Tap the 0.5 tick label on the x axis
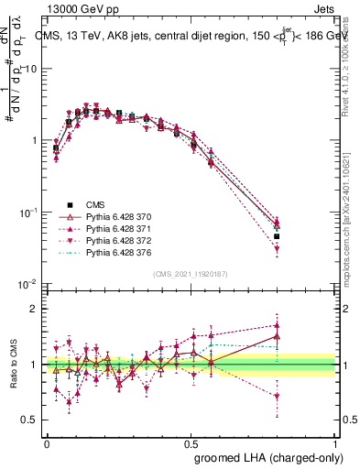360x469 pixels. click(191, 442)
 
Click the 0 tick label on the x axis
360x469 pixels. click(47, 442)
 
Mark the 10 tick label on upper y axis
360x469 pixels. click(31, 69)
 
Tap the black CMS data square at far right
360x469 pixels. click(302, 236)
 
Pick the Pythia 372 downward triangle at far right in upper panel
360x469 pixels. click(302, 248)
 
